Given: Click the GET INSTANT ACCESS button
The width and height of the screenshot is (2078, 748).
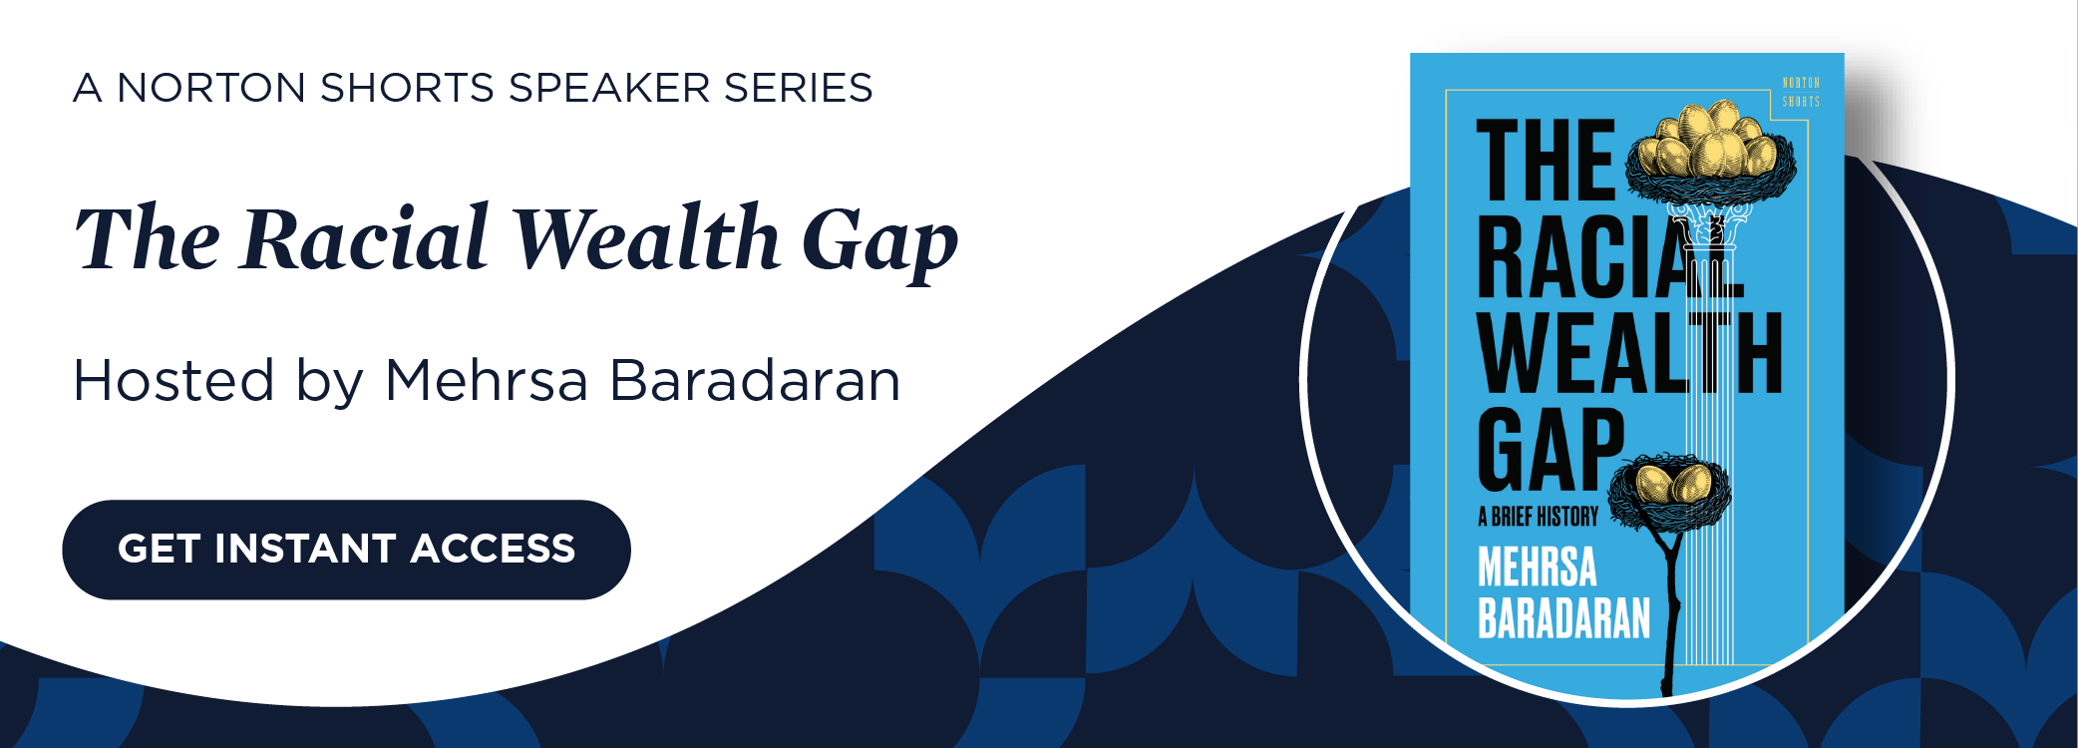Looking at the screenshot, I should pos(346,550).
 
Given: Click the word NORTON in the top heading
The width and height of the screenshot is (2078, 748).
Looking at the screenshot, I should pos(211,88).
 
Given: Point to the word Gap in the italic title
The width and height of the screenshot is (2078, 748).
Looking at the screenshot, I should pos(879,244).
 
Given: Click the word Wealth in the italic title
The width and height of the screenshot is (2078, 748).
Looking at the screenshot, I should pos(645,239).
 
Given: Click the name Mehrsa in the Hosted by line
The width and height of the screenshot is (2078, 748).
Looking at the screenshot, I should pos(486,381).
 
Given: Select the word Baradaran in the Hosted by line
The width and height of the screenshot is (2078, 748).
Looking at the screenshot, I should pos(755,381).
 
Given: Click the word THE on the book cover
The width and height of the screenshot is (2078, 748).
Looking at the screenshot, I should pos(1545,162).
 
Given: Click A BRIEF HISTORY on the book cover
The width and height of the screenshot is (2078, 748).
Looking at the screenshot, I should pos(1538,517).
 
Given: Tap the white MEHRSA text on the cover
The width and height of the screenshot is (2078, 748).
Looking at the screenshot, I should pos(1537,567).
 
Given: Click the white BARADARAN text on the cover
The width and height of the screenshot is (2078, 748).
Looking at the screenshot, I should pos(1563,618).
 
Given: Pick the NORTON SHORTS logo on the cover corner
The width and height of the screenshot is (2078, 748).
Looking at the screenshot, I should pos(1801,92).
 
